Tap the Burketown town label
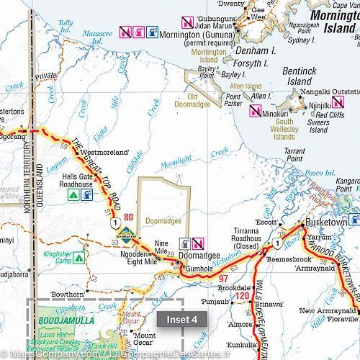pos(328,222)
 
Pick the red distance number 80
pos(128,218)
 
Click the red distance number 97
pos(223,279)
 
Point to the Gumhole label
pos(201,268)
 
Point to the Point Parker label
pos(233,99)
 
